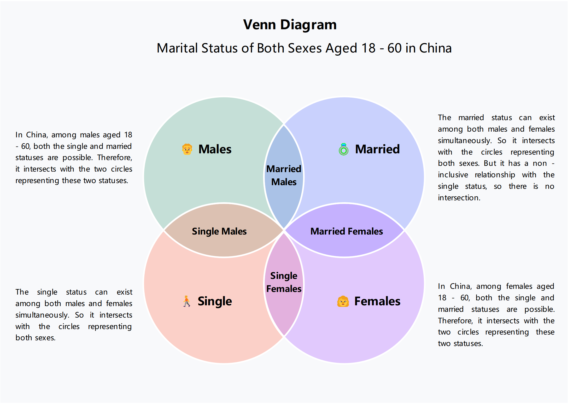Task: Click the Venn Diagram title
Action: tap(290, 25)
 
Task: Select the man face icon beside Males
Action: tap(187, 149)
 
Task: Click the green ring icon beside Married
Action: tap(343, 149)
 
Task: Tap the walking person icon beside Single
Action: tap(186, 301)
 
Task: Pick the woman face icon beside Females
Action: tap(343, 301)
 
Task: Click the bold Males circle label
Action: tap(215, 149)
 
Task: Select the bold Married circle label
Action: tap(377, 149)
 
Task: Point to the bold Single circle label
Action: tap(215, 301)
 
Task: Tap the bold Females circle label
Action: tap(377, 301)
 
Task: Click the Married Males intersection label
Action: tap(284, 175)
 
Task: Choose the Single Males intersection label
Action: tap(219, 231)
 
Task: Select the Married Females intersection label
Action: tap(347, 231)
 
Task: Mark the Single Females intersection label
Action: tap(284, 282)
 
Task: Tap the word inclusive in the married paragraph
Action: tap(453, 175)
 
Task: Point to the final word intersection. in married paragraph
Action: tap(459, 198)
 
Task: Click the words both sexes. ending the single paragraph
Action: tap(36, 338)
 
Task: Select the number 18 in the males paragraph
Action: tap(128, 135)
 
